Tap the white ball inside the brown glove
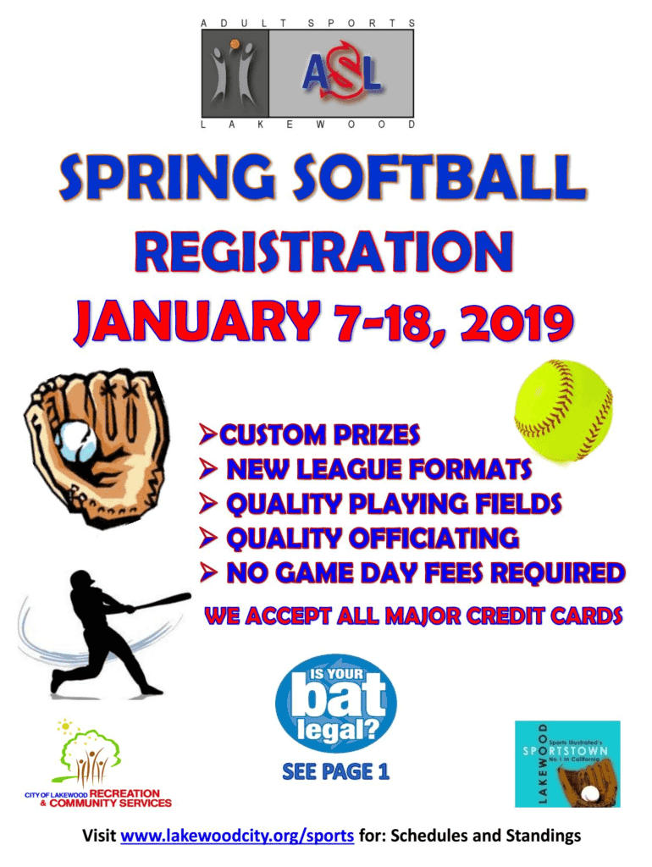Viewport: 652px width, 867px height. [x=75, y=441]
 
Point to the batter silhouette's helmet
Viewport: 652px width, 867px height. [x=83, y=580]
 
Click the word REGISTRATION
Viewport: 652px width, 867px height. [x=324, y=251]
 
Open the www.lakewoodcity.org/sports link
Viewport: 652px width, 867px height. [x=237, y=835]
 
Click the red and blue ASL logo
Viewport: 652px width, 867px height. [x=342, y=73]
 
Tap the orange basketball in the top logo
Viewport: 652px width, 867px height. [x=235, y=43]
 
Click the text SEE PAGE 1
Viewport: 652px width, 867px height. [x=335, y=771]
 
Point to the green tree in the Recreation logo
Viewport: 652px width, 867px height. [x=90, y=750]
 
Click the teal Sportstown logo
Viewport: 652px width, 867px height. [x=567, y=764]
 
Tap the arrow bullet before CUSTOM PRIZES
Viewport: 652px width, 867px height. [x=208, y=434]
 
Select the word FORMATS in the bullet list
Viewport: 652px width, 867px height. [x=471, y=469]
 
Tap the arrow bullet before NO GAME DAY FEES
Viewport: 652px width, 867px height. [x=208, y=572]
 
